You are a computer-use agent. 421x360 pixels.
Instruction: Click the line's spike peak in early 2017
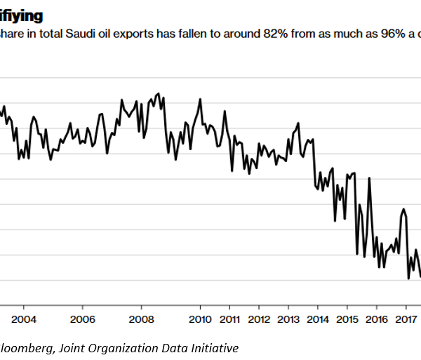pyautogui.click(x=403, y=208)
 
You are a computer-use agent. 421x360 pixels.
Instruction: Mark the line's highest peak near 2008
pyautogui.click(x=159, y=93)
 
